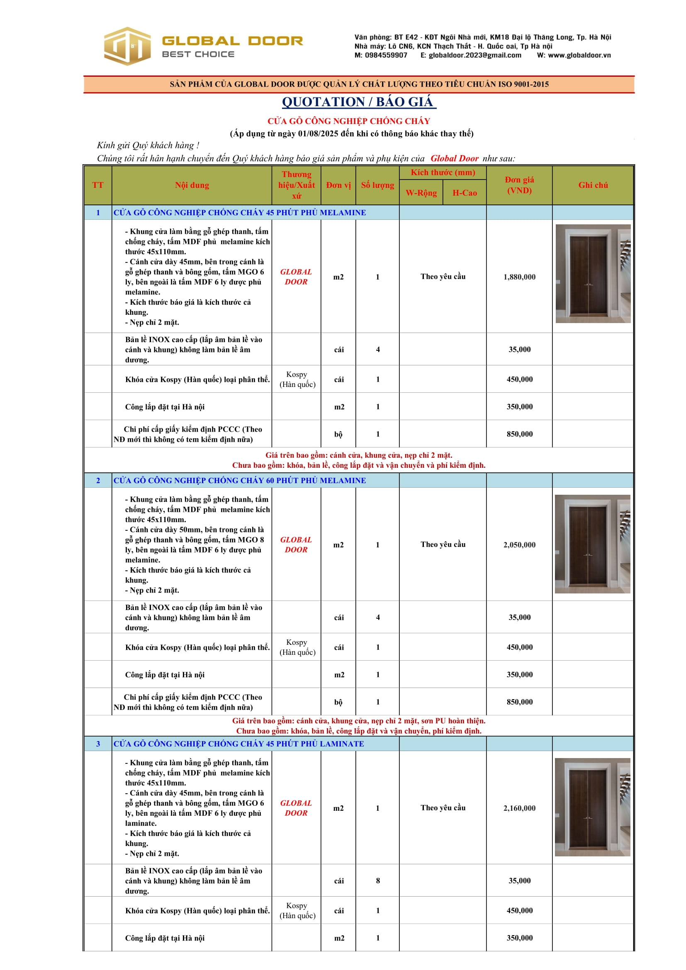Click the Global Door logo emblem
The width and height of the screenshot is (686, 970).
tap(127, 46)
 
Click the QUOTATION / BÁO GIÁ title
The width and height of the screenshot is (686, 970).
tap(358, 102)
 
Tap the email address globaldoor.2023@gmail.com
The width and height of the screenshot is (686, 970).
tap(475, 55)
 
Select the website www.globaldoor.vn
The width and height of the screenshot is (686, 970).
tap(579, 55)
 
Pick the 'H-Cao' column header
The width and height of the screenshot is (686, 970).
tap(464, 193)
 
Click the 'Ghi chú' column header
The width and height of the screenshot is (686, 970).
tap(593, 185)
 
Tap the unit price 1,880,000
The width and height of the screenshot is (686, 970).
tap(519, 277)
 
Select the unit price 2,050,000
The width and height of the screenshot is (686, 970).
tap(519, 545)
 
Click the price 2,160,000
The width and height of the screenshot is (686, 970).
tap(519, 808)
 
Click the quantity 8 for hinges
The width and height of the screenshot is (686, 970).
tap(378, 881)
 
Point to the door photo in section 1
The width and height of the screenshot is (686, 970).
tap(593, 273)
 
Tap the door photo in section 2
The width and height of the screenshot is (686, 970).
tap(592, 544)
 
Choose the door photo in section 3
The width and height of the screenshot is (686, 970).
tap(592, 807)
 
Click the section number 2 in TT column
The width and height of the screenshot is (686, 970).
tap(98, 480)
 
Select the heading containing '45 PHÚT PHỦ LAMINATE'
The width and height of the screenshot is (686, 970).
tap(238, 744)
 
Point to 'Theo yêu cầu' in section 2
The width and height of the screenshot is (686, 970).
tap(443, 544)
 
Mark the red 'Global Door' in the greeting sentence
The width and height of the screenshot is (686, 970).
tap(454, 158)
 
